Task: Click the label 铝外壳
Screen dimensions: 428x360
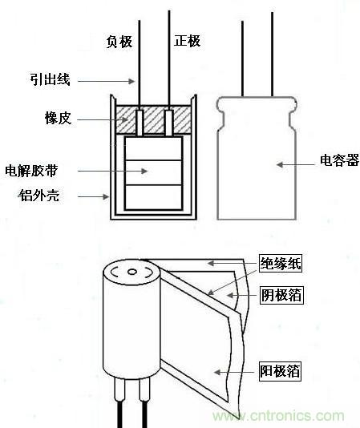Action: pos(38,195)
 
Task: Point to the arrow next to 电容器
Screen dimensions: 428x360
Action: pos(297,164)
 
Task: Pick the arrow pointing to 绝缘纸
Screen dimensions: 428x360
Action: pos(233,263)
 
